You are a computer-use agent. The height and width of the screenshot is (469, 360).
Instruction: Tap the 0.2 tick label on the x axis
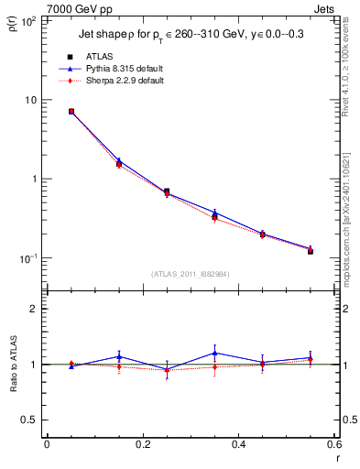tap(142, 444)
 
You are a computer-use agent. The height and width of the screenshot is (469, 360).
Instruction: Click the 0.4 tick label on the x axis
tap(238, 444)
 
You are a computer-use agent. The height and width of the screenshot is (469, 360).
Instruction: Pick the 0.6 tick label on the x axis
tap(333, 444)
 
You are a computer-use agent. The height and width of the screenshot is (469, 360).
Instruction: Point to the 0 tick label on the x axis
tap(47, 444)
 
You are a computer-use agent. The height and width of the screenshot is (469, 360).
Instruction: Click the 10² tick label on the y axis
tap(27, 20)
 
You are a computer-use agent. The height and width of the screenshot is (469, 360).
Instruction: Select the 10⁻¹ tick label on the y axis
tap(27, 258)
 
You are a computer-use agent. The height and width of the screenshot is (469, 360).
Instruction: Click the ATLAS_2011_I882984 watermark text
tap(190, 273)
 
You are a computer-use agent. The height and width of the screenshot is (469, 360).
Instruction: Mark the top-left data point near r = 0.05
tap(71, 112)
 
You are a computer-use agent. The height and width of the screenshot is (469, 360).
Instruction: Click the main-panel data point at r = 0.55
tap(311, 250)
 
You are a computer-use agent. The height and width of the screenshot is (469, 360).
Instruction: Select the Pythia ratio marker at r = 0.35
tap(214, 353)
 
